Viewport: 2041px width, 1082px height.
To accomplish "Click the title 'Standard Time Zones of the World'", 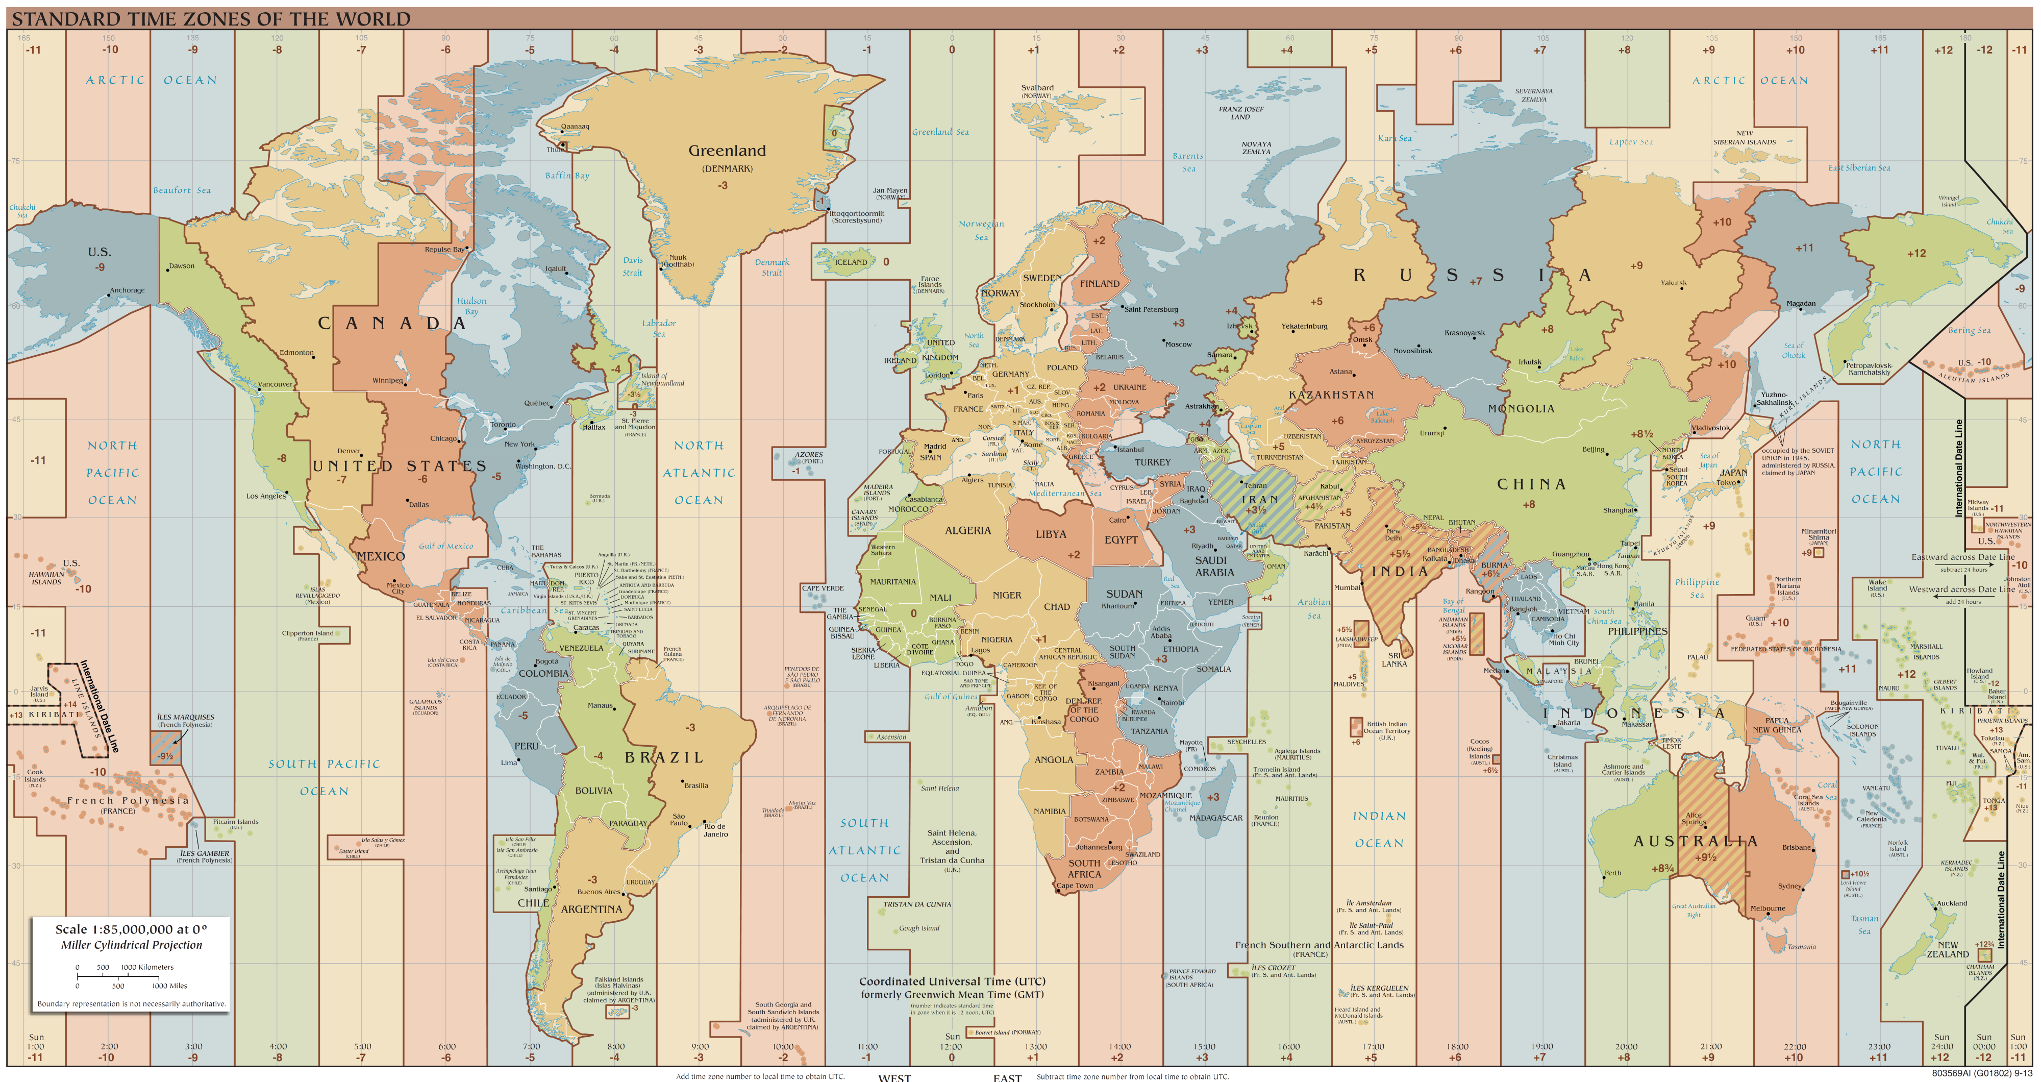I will (211, 18).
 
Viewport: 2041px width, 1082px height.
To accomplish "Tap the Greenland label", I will (727, 151).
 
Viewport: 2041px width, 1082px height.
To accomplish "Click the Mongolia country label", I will (1521, 409).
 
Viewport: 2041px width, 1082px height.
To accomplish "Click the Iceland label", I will (851, 262).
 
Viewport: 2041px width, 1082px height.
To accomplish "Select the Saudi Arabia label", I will (1214, 566).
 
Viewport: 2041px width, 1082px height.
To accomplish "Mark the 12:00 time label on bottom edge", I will (952, 1046).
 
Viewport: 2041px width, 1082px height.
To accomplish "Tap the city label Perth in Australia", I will (1612, 873).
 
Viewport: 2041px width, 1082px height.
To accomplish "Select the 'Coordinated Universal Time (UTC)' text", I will (952, 981).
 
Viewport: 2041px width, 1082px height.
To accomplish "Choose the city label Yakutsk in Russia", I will (1674, 283).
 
